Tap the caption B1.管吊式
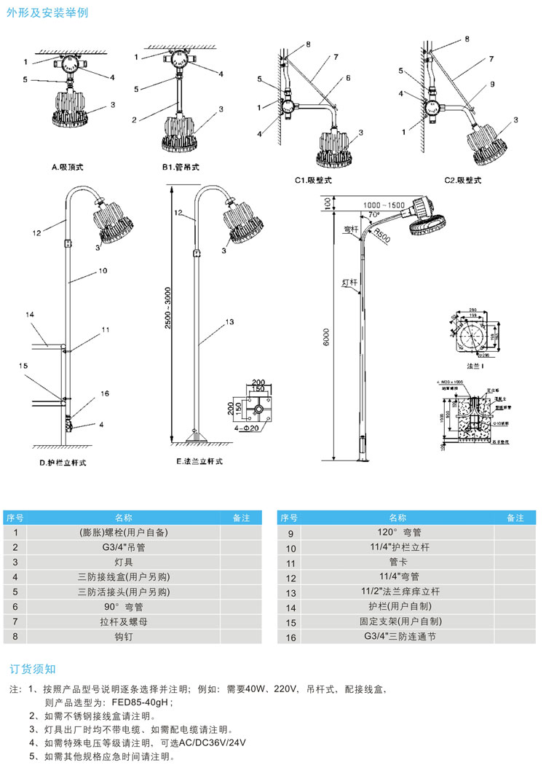click(180, 167)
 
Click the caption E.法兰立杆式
click(199, 463)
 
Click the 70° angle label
click(373, 216)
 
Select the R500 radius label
click(382, 236)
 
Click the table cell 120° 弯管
click(398, 533)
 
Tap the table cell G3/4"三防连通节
click(398, 636)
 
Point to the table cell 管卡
click(398, 562)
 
